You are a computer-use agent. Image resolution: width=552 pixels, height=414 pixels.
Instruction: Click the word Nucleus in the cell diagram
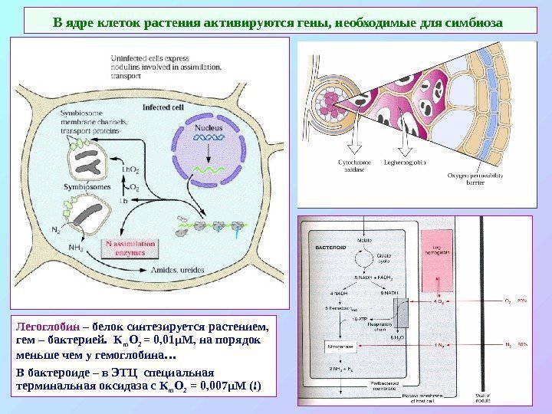(209, 127)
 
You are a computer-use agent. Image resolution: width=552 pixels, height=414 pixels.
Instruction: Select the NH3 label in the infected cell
(77, 247)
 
